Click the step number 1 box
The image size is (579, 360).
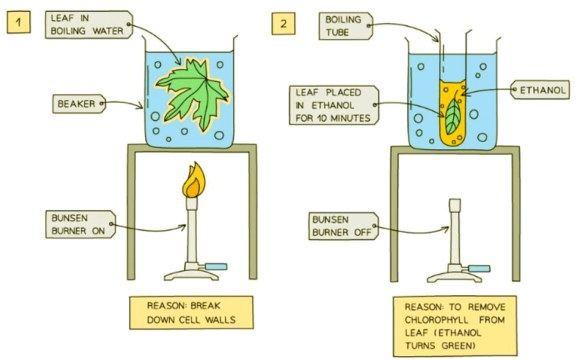coord(19,25)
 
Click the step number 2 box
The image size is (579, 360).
coord(283,25)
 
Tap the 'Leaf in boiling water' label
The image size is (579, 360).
coord(88,24)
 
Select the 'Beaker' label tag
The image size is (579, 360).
coord(77,104)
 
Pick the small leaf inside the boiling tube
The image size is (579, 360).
coord(453,116)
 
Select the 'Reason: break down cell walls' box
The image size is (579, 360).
coord(191,312)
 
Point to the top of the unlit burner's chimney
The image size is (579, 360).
coord(454,202)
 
